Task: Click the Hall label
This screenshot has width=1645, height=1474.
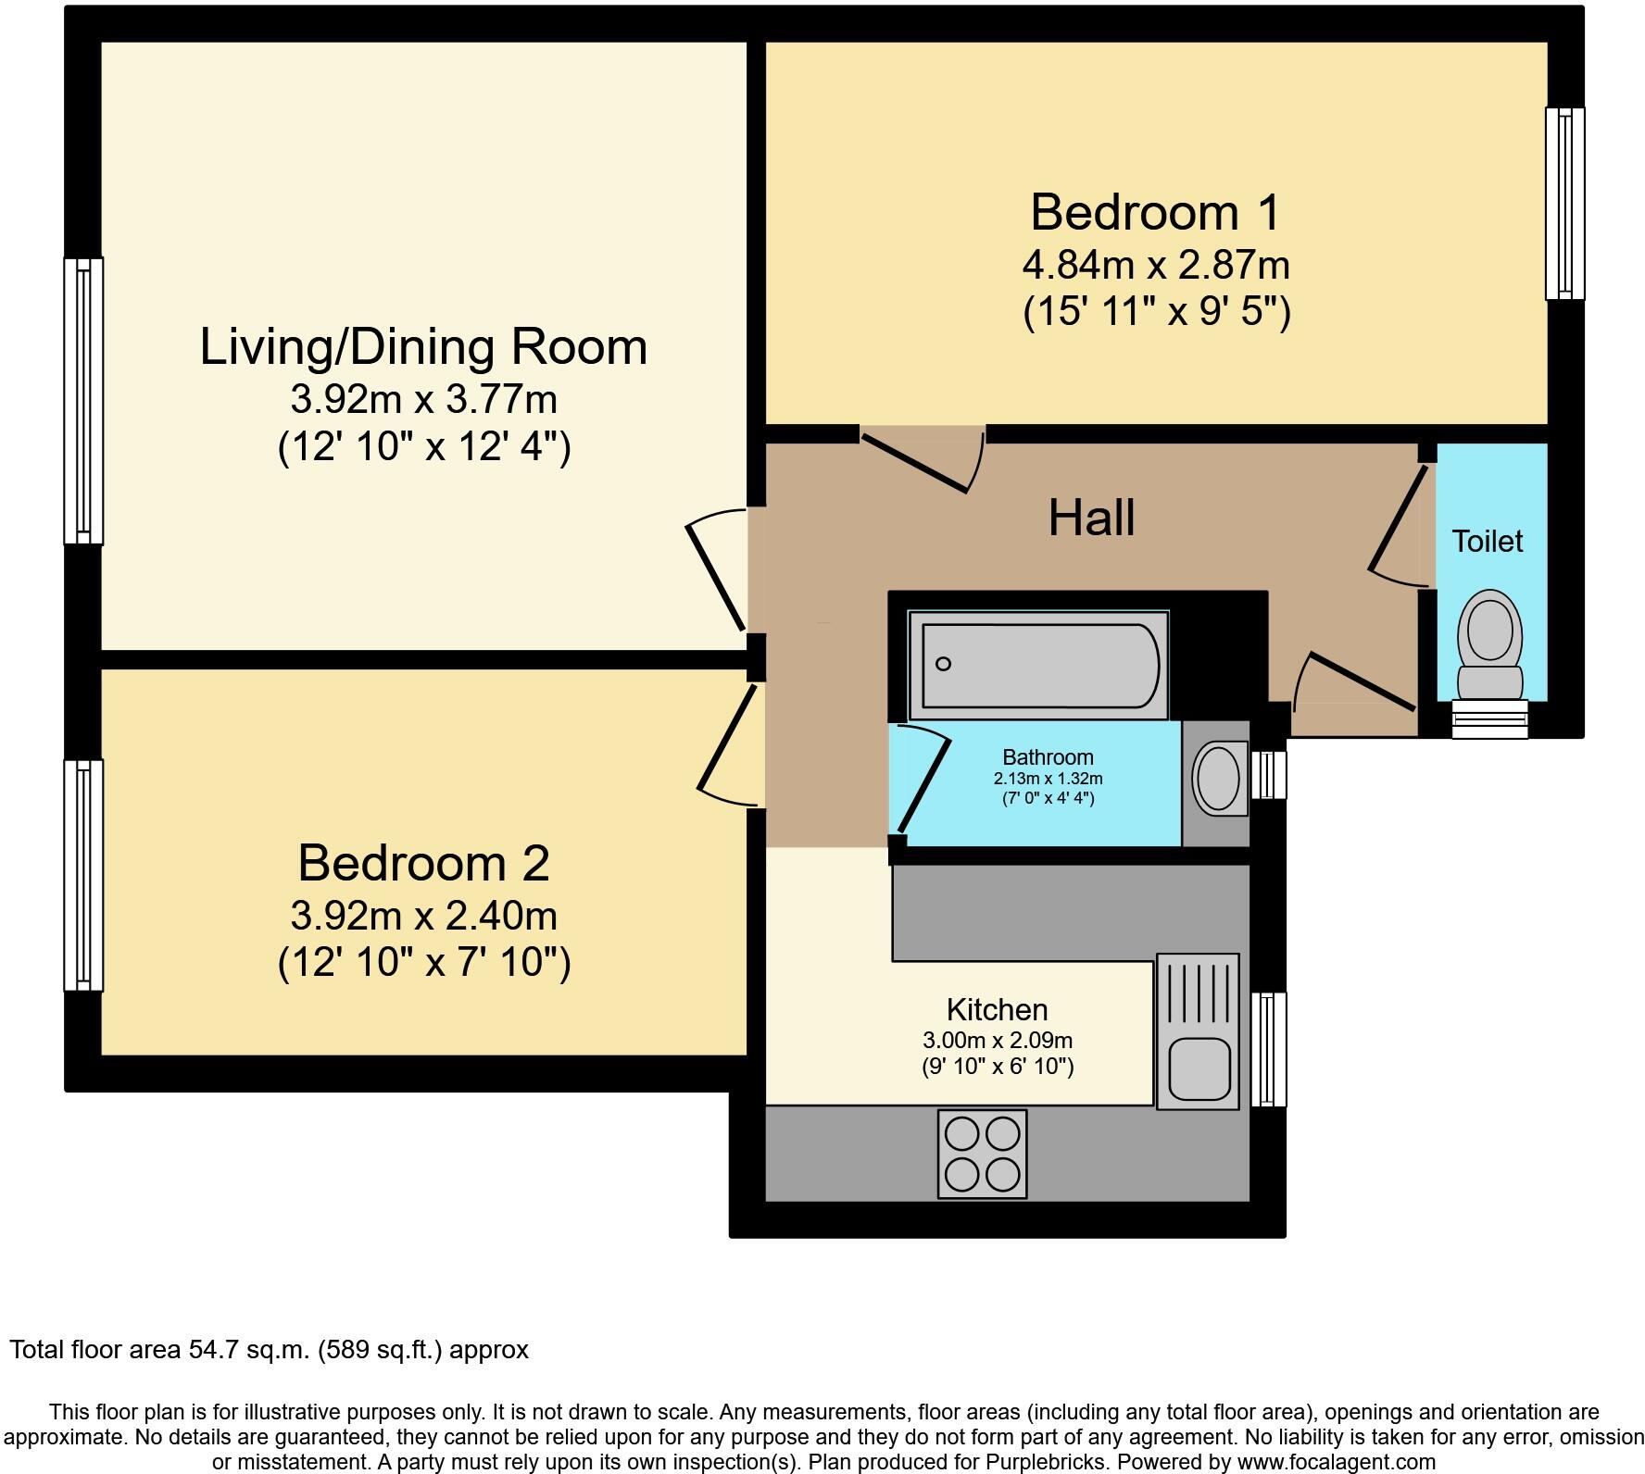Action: click(1091, 518)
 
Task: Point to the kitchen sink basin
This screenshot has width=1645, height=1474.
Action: click(1199, 1068)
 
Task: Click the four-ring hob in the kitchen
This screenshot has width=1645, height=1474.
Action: click(982, 1154)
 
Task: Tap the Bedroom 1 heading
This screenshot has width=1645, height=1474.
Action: click(1155, 212)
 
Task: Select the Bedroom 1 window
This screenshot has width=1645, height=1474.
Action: click(1565, 203)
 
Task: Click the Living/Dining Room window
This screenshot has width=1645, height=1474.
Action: click(83, 401)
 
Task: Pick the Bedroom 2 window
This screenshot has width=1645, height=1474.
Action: click(83, 875)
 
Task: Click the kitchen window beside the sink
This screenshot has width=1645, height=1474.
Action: click(1269, 1049)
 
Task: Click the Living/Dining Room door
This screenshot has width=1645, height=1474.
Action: click(718, 569)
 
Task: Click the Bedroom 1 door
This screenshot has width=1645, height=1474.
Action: click(923, 459)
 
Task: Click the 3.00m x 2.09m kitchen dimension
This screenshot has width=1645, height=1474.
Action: click(997, 1040)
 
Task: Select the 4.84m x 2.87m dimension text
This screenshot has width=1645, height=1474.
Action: click(1156, 266)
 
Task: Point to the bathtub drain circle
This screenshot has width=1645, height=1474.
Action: click(944, 663)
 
